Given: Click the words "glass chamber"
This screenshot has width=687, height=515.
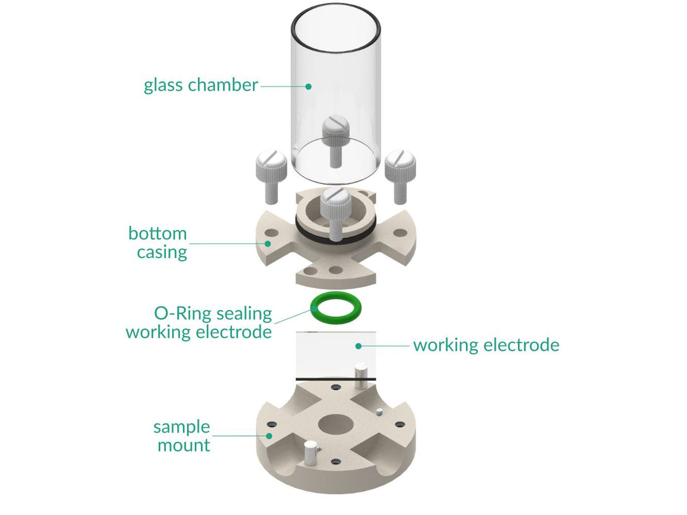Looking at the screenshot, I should (x=200, y=85).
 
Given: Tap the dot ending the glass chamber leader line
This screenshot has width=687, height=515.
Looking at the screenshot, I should (x=308, y=86).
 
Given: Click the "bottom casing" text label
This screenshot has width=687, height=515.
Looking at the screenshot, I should (x=158, y=243).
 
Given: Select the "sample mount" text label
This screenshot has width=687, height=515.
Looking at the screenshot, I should (x=182, y=436).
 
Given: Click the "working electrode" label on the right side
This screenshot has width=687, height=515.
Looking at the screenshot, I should (x=486, y=345).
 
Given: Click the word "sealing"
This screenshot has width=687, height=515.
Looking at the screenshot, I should (x=243, y=314).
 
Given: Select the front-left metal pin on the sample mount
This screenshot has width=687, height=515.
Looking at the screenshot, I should (x=310, y=453).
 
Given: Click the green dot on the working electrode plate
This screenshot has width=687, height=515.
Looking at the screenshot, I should (x=358, y=346).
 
